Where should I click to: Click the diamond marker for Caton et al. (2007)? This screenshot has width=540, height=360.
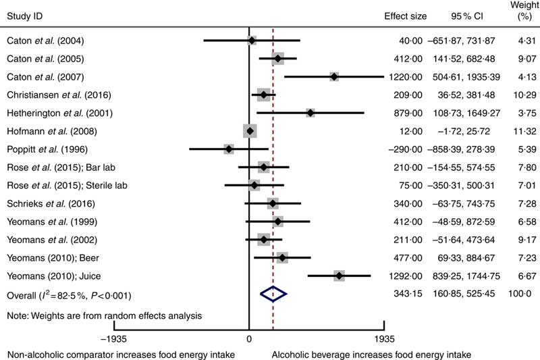click(x=334, y=77)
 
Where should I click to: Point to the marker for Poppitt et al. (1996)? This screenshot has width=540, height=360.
click(x=229, y=148)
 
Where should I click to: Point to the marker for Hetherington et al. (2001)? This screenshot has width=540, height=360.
click(x=310, y=112)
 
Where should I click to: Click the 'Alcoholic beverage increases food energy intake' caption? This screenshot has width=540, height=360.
click(x=371, y=354)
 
